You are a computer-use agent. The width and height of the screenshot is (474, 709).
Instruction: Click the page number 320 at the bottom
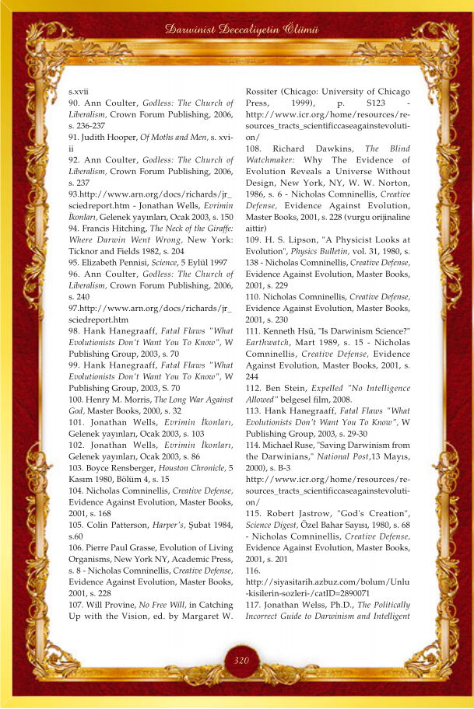pos(241,661)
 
